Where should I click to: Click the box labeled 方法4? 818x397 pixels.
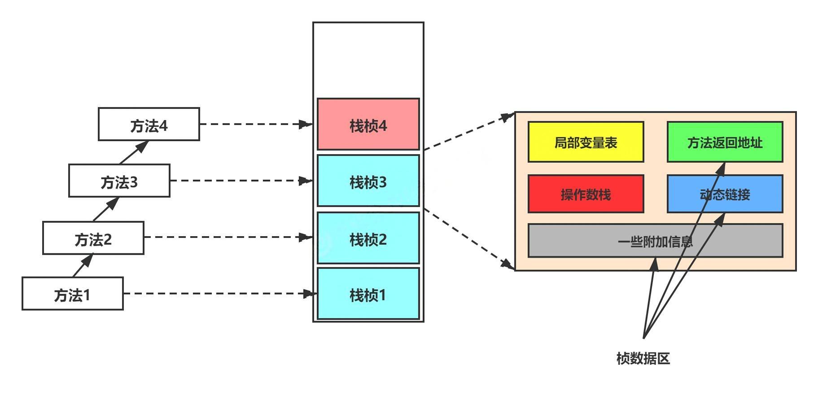pyautogui.click(x=149, y=125)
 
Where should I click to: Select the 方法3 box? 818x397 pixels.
pyautogui.click(x=119, y=181)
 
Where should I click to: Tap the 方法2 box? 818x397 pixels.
pyautogui.click(x=93, y=238)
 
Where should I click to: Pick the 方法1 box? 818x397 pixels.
pyautogui.click(x=73, y=294)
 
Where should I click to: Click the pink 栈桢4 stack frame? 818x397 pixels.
pyautogui.click(x=368, y=125)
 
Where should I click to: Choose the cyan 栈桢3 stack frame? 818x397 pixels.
pyautogui.click(x=368, y=181)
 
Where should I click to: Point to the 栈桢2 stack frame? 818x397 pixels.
pyautogui.click(x=368, y=238)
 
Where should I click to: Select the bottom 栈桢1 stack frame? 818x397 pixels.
pyautogui.click(x=368, y=294)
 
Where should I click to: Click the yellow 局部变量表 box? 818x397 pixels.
pyautogui.click(x=586, y=142)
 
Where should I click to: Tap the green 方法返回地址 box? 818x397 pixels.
pyautogui.click(x=725, y=142)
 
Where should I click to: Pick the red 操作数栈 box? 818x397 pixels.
pyautogui.click(x=586, y=194)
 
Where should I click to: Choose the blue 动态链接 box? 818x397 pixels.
pyautogui.click(x=725, y=194)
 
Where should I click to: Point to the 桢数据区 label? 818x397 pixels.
pyautogui.click(x=643, y=358)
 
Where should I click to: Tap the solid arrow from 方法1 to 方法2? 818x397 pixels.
pyautogui.click(x=83, y=265)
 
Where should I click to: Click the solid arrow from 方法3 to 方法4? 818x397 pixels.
pyautogui.click(x=134, y=152)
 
